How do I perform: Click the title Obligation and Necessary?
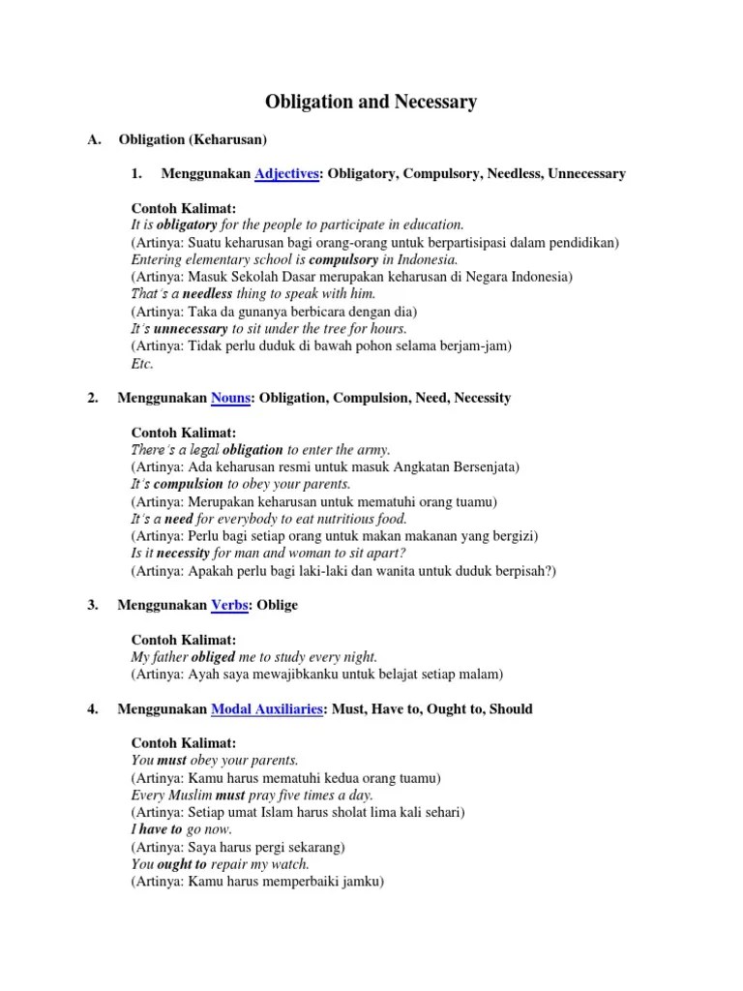[371, 102]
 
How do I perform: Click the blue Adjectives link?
[287, 173]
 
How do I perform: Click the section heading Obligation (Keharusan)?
[193, 140]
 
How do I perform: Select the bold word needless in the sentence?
[207, 294]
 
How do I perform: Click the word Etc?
[142, 364]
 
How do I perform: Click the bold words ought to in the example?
[182, 864]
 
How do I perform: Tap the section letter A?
[94, 140]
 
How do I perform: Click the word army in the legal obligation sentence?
[371, 449]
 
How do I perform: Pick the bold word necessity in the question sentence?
[183, 554]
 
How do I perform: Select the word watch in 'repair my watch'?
[288, 864]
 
